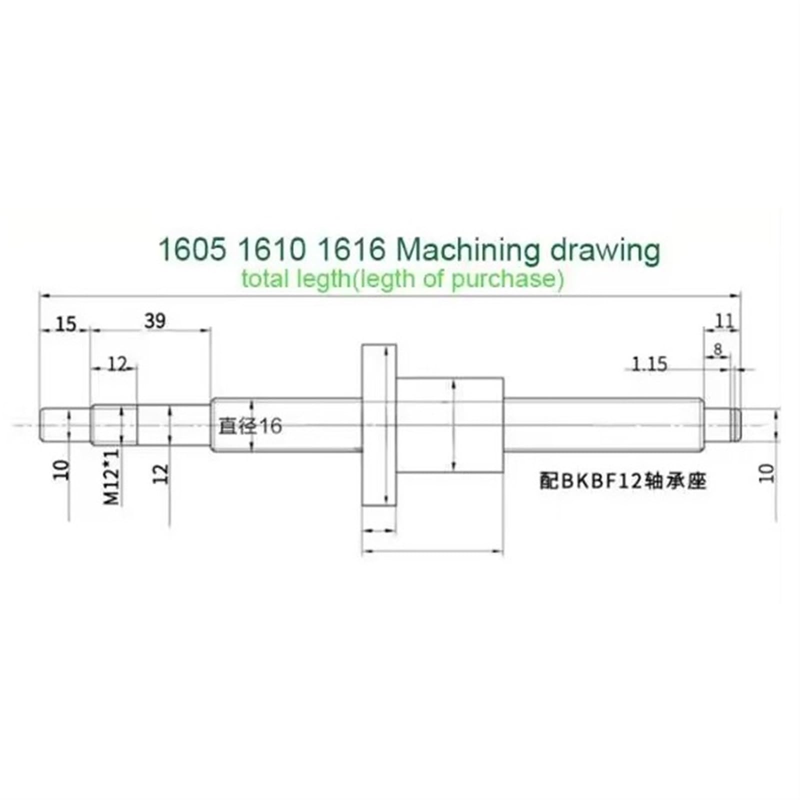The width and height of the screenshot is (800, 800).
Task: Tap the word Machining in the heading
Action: (467, 250)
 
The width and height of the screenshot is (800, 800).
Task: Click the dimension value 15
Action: (65, 324)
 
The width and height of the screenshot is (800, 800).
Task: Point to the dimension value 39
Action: (154, 320)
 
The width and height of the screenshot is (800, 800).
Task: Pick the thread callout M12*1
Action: (112, 476)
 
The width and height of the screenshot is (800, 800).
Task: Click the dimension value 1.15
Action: (649, 364)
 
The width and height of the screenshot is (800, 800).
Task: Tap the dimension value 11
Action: (723, 320)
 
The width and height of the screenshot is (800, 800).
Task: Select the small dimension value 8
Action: (718, 349)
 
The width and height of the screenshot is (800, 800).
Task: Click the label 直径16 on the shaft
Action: (250, 426)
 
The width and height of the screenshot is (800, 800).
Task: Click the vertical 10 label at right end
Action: (766, 473)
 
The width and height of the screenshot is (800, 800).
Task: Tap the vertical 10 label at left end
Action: (61, 470)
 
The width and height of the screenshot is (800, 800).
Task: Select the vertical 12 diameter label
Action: (161, 473)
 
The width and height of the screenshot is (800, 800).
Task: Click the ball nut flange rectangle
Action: (378, 425)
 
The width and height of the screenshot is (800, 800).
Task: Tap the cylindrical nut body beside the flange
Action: (450, 425)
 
